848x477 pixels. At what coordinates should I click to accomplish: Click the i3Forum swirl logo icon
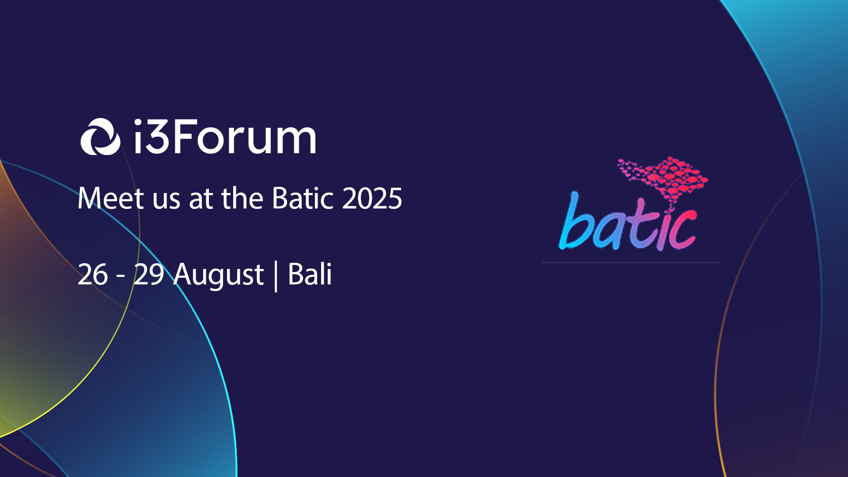(100, 136)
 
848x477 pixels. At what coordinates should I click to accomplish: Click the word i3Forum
(225, 136)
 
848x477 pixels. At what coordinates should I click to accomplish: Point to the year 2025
(372, 198)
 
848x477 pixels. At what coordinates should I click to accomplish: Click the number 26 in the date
(93, 274)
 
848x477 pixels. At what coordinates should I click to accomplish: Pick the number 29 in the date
(149, 274)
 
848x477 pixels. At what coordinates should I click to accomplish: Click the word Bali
(310, 274)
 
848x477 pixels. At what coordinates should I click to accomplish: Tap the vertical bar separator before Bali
(276, 276)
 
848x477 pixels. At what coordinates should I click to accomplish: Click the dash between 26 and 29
(121, 277)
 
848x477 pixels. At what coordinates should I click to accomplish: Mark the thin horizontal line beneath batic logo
(631, 262)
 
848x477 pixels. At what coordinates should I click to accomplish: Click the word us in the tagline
(167, 201)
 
